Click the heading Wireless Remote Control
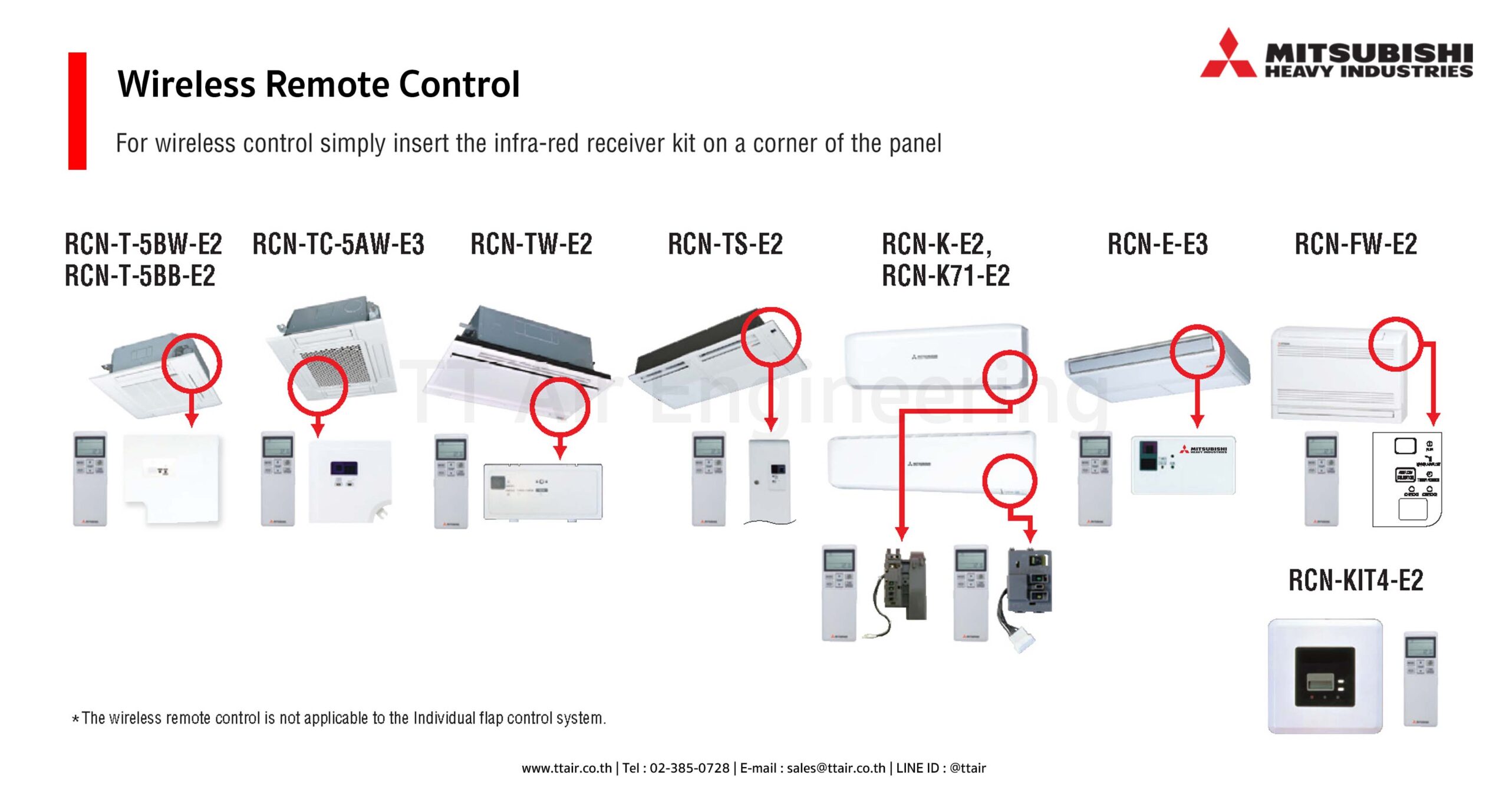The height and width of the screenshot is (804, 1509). tap(318, 84)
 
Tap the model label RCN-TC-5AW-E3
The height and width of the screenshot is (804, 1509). tap(338, 244)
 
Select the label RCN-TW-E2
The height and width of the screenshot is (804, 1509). tap(531, 244)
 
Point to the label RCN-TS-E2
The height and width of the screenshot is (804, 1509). tap(724, 244)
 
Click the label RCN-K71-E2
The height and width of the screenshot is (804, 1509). tap(945, 276)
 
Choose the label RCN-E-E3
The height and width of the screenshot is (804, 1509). tap(1157, 244)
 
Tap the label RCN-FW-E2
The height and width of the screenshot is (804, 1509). tap(1355, 244)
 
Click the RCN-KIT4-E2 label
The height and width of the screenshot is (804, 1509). tap(1355, 580)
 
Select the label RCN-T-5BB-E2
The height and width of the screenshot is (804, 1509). tap(140, 276)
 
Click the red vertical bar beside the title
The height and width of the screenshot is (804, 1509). tap(77, 111)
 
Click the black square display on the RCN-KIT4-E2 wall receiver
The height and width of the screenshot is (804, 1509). tap(1324, 677)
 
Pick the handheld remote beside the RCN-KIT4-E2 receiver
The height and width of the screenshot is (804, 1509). tap(1420, 679)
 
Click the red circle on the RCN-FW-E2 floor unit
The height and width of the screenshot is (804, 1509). tap(1395, 344)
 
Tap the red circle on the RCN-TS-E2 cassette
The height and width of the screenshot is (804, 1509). tap(770, 336)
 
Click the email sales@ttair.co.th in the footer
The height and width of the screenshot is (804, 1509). tap(836, 768)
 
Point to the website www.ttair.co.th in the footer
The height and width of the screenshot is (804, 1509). tap(566, 768)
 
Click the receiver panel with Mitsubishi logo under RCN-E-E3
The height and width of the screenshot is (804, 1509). tap(1182, 465)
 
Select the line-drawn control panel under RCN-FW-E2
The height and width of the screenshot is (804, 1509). tap(1406, 479)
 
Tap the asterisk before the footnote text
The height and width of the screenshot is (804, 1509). tap(75, 719)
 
